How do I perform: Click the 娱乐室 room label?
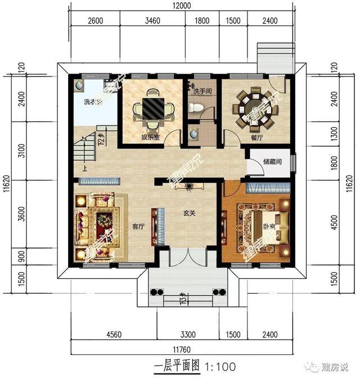click(x=149, y=137)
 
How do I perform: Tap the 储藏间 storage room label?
click(x=272, y=161)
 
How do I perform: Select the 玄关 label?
click(x=189, y=214)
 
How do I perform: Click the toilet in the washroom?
click(x=194, y=107)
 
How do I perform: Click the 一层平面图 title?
click(x=177, y=367)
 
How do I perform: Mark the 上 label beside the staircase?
click(x=85, y=168)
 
